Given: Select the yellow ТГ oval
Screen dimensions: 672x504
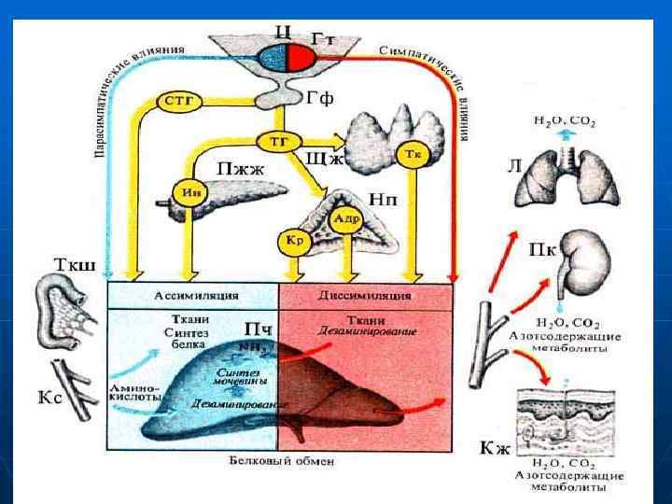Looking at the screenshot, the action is (278, 140).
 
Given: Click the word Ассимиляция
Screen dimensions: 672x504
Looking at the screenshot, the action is (192, 296).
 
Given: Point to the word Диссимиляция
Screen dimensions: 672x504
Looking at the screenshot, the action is (365, 296).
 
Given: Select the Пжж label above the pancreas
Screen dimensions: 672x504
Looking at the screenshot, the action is (242, 169).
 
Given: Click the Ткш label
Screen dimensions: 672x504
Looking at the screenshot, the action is (52, 263).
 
